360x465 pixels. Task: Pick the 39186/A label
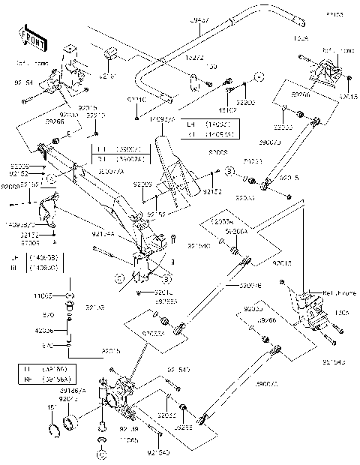(73, 391)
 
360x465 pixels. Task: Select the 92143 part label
(95, 307)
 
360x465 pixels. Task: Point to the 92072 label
(69, 400)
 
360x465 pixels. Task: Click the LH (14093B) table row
(40, 256)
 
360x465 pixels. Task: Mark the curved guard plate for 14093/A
(169, 157)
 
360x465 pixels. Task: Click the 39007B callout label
(228, 286)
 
